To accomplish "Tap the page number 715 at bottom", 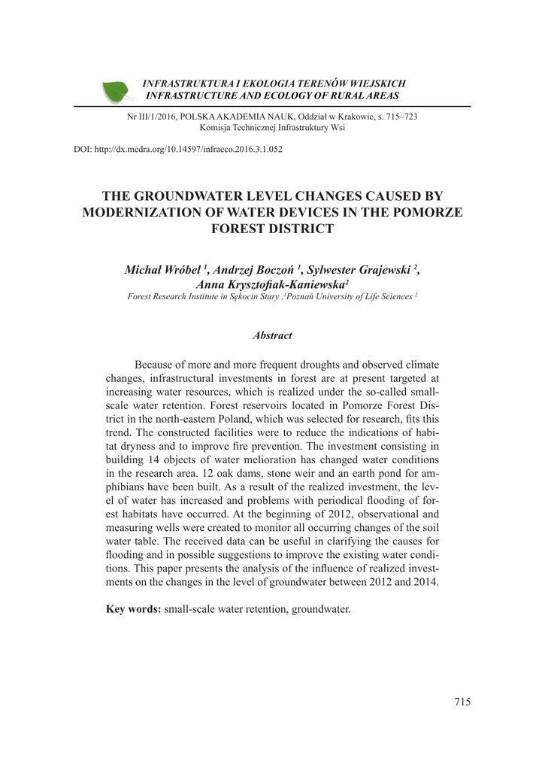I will pos(462,702).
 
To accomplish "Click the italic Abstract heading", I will pos(272,335).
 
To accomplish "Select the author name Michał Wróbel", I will pos(162,270).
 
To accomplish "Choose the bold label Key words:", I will pos(134,608).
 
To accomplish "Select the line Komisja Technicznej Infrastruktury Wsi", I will pos(272,128).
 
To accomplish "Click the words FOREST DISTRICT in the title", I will pos(272,229).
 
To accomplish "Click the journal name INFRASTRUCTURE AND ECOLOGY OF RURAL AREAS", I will pos(271,96).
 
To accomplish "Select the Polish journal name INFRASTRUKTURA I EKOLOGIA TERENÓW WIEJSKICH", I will pos(274,83).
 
